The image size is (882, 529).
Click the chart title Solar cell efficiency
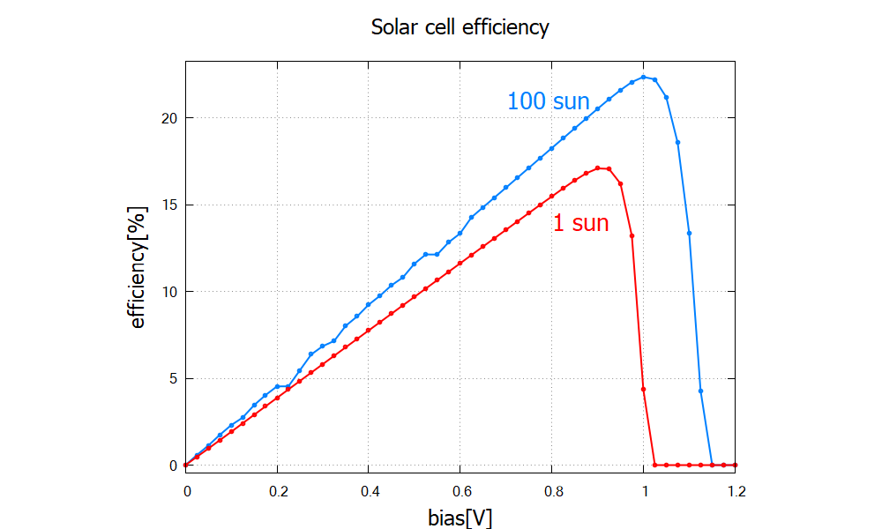click(x=460, y=27)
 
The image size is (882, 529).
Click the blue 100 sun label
click(x=548, y=101)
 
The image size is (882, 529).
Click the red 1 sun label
click(x=580, y=223)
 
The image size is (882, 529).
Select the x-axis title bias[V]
click(x=460, y=516)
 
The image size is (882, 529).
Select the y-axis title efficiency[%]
click(x=138, y=266)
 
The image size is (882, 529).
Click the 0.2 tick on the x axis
click(x=277, y=487)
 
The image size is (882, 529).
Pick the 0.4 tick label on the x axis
click(x=369, y=487)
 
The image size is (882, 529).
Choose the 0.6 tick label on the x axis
click(x=460, y=487)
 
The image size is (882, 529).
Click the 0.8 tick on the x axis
click(x=552, y=487)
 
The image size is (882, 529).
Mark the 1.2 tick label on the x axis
click(x=736, y=487)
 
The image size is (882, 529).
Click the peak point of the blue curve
click(x=644, y=78)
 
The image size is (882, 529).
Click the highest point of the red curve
click(x=598, y=168)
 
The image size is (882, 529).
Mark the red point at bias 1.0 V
click(x=644, y=389)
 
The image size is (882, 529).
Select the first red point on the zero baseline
click(x=655, y=465)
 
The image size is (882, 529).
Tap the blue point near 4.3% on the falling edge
click(x=701, y=391)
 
